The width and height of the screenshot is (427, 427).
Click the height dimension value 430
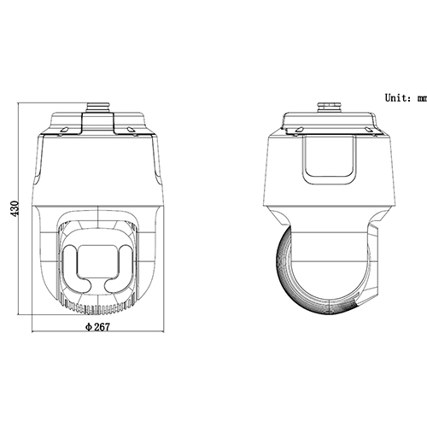[x=15, y=210]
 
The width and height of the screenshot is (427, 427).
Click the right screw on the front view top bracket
[x=130, y=131]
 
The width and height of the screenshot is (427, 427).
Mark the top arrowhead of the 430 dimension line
[x=22, y=108]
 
